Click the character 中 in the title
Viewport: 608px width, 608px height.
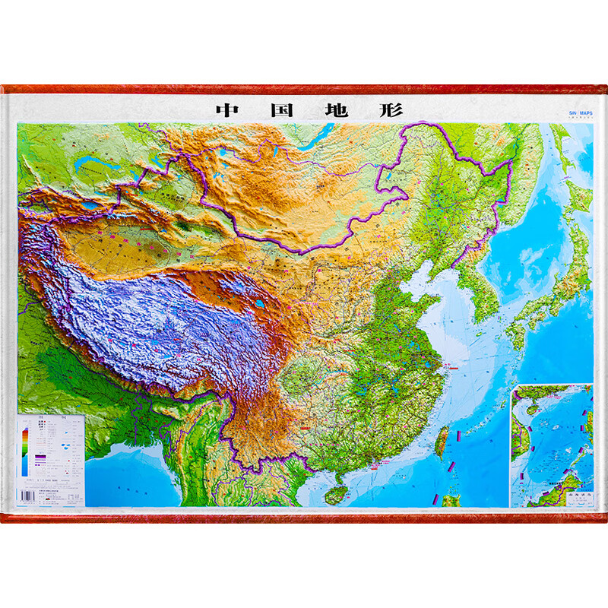click(x=226, y=109)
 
